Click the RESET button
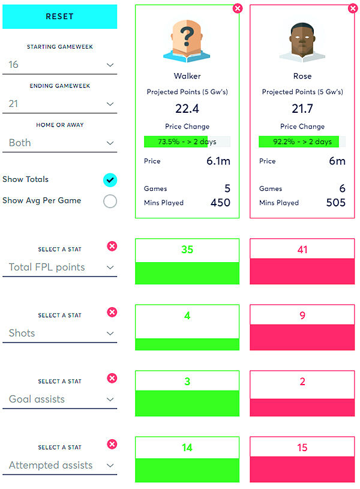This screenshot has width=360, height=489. (x=59, y=17)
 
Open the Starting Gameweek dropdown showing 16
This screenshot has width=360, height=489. (x=60, y=65)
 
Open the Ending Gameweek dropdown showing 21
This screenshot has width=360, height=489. (x=60, y=104)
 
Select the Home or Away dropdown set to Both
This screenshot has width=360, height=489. (x=60, y=143)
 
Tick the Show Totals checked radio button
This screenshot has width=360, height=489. (x=110, y=180)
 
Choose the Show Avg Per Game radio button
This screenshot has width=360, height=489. (x=110, y=201)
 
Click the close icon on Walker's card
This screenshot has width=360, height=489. (x=238, y=8)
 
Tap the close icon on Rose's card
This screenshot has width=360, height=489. (x=353, y=8)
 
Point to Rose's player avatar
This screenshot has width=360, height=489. (x=302, y=42)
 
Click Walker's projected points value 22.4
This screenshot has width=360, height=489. (x=187, y=109)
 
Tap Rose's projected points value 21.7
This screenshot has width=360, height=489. (x=302, y=109)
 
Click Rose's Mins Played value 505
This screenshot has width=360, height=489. (x=335, y=203)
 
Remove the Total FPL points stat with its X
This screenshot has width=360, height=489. (x=112, y=246)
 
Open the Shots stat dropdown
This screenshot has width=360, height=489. (x=60, y=334)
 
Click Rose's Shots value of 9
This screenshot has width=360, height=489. (x=302, y=316)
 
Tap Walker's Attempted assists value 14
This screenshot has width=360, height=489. (x=187, y=448)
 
